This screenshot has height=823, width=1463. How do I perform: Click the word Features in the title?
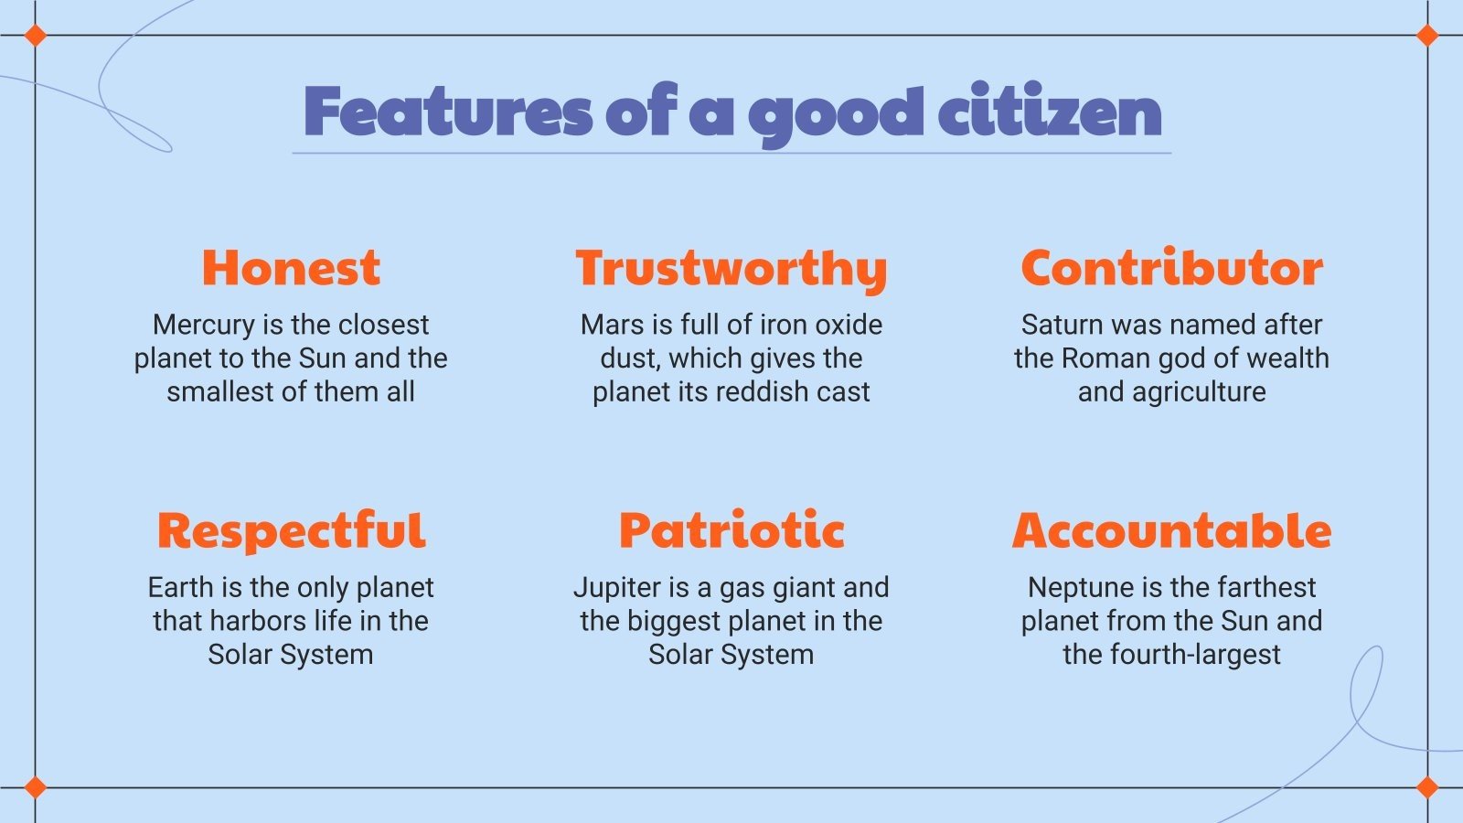click(448, 112)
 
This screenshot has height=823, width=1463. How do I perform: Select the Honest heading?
click(291, 268)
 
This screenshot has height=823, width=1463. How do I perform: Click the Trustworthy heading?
click(731, 269)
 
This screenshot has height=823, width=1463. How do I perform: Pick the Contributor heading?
click(1171, 268)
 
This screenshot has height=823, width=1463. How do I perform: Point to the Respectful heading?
click(291, 531)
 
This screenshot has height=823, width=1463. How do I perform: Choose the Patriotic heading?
click(731, 531)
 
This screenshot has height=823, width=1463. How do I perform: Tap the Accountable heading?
click(1171, 531)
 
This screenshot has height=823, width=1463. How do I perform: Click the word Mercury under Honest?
click(204, 325)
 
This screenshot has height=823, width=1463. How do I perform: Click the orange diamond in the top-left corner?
click(35, 36)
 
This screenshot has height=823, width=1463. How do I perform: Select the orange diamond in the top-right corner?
click(1427, 36)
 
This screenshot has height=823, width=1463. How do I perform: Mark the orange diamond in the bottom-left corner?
click(35, 787)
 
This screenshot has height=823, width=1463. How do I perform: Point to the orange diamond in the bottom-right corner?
click(1427, 787)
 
